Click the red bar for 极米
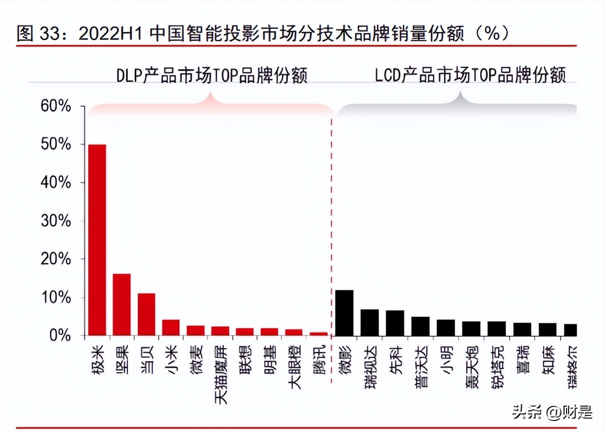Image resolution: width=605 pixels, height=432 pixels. [97, 239]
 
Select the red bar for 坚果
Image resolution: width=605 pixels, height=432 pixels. [121, 304]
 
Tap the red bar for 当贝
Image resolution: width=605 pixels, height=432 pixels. [146, 314]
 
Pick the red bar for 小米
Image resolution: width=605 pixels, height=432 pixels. [171, 328]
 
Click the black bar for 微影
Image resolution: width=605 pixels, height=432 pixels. [344, 313]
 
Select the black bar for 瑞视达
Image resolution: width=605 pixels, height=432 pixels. [369, 322]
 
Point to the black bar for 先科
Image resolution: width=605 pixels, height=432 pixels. [395, 323]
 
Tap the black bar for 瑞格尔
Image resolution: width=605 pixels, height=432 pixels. [570, 330]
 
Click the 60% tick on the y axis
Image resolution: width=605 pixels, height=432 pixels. [56, 106]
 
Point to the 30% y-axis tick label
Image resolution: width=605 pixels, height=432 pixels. [56, 221]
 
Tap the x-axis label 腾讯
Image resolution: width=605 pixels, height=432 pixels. [319, 360]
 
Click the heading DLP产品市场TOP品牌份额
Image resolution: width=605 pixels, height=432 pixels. [212, 76]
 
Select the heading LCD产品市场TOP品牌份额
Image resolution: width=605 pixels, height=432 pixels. [470, 76]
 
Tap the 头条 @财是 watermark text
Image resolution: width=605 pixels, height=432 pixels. [552, 412]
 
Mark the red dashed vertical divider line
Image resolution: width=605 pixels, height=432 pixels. [332, 224]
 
